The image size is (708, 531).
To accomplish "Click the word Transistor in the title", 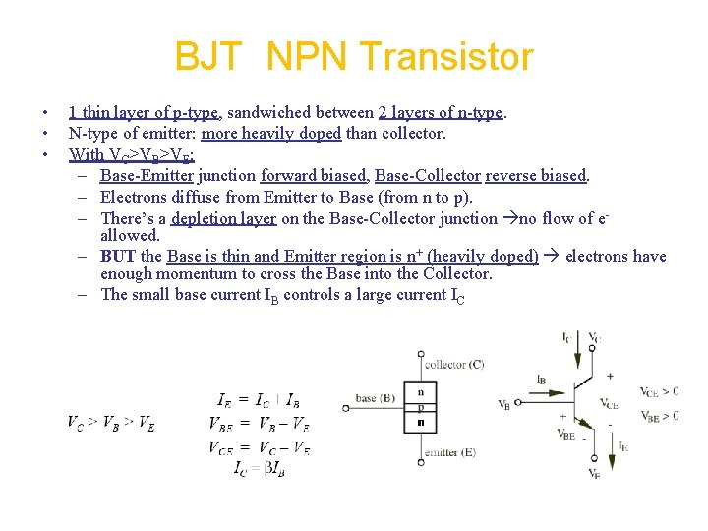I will coord(448,57).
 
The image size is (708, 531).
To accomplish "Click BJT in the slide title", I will coord(206,57).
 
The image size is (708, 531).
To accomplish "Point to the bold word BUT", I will coord(118,256).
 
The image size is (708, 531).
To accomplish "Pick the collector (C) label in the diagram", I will coord(453,365).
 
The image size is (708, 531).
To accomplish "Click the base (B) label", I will coord(377,398).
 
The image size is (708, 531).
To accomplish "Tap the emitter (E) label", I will coord(449,453).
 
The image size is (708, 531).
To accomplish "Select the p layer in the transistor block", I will coord(421,407).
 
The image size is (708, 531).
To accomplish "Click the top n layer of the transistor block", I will coord(421,390).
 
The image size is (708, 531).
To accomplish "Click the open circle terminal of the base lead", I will coord(346,407).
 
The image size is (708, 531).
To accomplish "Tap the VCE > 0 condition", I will coord(660,391).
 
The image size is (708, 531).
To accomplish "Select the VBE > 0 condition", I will coord(660,416).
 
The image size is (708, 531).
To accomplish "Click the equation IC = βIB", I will coord(260,469).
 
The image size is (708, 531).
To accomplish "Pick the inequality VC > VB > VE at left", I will coord(110,423).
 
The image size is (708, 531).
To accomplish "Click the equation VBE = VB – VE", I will coord(260,424).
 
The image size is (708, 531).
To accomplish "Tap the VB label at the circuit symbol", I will coord(504,404).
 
